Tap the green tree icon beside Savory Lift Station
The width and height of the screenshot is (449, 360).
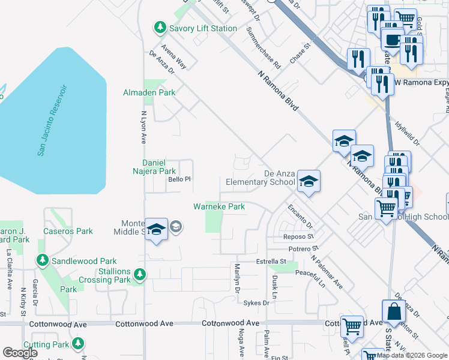click(160, 27)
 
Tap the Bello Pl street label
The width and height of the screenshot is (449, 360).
click(179, 179)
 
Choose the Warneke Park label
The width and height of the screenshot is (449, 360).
click(218, 207)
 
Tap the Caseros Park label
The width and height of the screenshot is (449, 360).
click(68, 231)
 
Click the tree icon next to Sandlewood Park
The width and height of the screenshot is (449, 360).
click(42, 260)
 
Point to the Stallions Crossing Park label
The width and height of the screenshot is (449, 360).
click(106, 275)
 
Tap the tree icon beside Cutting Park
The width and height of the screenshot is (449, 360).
click(77, 343)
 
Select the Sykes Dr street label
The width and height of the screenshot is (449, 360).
click(256, 303)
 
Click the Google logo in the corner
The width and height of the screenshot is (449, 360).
click(20, 353)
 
